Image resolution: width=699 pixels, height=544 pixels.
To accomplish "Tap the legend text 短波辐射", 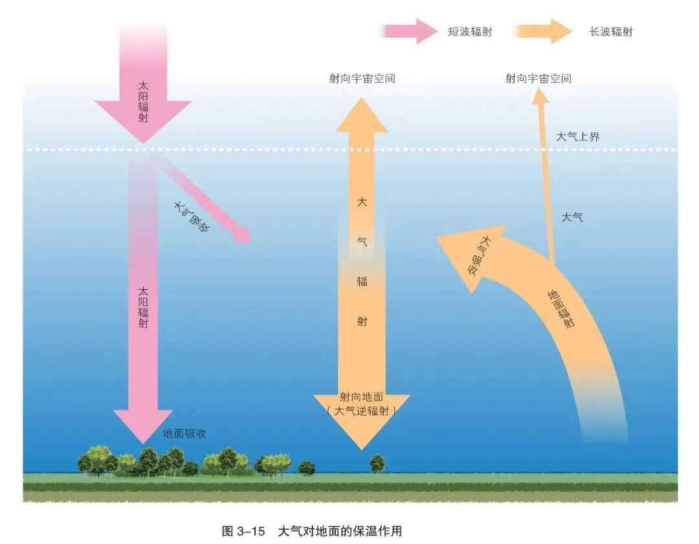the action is [470, 32].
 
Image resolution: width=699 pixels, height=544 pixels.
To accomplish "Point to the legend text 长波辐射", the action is [610, 32].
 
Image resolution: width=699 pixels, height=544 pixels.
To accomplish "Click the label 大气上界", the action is [578, 136].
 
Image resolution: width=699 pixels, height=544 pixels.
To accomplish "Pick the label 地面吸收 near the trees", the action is [184, 433].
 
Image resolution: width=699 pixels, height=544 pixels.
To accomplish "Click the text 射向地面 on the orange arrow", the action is [361, 397].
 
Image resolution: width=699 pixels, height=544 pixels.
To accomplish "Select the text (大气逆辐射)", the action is [361, 411].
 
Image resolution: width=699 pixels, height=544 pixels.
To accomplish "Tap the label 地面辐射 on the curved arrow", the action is [561, 309].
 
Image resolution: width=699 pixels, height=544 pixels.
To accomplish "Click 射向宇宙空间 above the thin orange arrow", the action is [538, 79].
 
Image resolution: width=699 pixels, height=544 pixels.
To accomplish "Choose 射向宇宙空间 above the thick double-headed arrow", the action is [362, 79].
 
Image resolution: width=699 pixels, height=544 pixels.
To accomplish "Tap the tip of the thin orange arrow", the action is [540, 94].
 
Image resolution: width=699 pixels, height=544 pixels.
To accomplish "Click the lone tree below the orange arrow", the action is [377, 464].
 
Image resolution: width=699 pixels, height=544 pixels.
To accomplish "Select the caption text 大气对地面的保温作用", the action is [340, 531].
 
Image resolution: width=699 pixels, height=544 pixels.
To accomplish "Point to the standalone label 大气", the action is [571, 217].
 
